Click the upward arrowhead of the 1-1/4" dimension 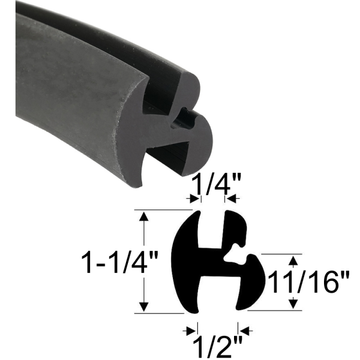pos(143,216)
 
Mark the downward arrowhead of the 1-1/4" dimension pos(143,307)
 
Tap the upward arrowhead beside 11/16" pos(293,260)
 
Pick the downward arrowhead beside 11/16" pos(293,304)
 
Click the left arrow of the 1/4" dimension pos(193,199)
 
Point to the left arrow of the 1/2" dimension pos(191,329)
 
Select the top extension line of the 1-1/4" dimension pos(162,210)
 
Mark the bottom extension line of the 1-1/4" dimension pos(162,313)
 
